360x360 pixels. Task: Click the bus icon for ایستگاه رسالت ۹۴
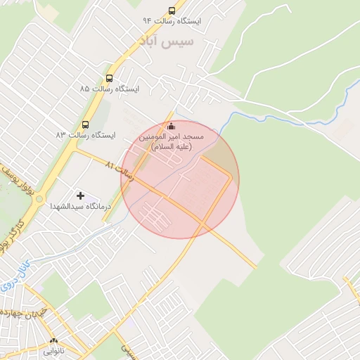[172, 11]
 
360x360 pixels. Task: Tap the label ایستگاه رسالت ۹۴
[172, 22]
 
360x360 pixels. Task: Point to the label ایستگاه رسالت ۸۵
[110, 89]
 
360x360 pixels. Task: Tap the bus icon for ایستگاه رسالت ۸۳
[86, 124]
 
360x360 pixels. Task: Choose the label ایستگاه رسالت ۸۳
[86, 134]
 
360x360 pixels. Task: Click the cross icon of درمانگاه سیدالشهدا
[80, 195]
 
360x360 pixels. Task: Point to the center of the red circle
[180, 179]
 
